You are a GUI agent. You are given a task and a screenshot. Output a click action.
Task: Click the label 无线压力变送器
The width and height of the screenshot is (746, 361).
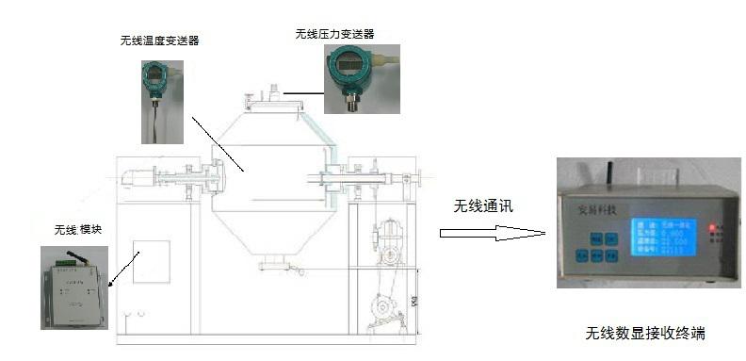coord(334,33)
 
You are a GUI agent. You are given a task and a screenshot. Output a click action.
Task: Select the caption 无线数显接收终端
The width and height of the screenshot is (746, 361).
coord(645,334)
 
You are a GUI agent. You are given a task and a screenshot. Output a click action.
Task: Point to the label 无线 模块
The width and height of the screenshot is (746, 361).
coord(79,230)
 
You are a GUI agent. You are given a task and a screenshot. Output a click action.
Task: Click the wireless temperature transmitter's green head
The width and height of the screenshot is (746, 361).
coord(154,75)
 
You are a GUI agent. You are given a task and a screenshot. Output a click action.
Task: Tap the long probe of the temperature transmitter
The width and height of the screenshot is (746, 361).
coord(153,118)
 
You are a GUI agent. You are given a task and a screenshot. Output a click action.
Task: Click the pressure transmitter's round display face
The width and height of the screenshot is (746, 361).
coord(345,68)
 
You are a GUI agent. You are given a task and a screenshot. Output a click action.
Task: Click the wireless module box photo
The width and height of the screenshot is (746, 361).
coord(74,287)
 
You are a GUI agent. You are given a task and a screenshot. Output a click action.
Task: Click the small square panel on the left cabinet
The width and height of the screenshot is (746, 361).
coord(151,263)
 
